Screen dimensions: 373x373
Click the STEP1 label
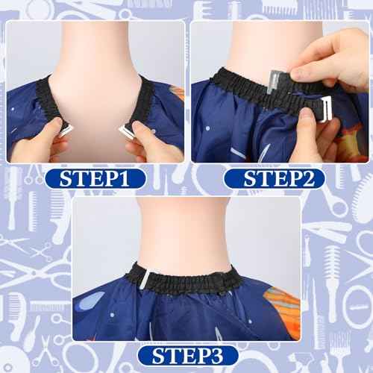[95, 178]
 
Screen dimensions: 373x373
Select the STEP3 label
[187, 356]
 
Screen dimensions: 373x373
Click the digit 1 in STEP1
[123, 178]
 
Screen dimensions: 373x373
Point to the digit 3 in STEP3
[216, 356]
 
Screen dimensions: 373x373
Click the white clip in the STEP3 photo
[145, 279]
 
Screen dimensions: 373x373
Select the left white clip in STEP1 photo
[66, 131]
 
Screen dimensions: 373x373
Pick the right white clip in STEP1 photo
[126, 132]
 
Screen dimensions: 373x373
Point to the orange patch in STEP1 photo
[178, 93]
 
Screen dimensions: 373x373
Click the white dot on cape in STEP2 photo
[208, 128]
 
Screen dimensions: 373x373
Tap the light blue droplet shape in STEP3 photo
[93, 299]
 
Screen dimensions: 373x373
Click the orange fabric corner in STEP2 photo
[352, 140]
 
